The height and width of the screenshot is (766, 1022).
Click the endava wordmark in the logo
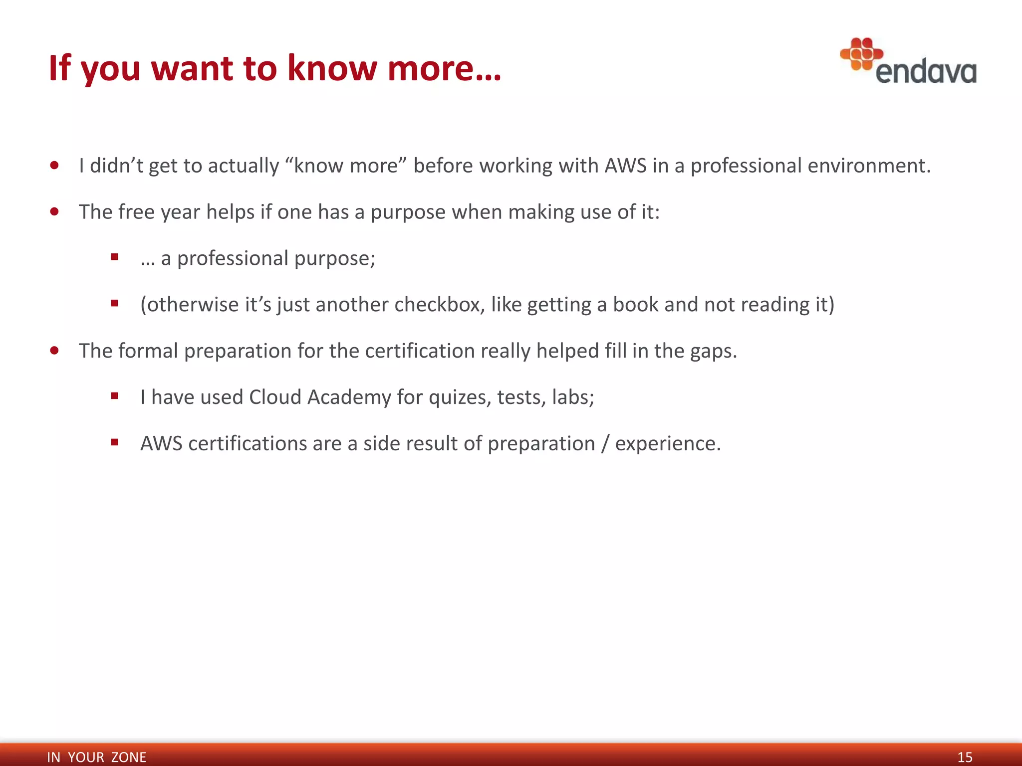click(x=926, y=72)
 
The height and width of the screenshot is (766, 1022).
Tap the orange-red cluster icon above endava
click(x=861, y=54)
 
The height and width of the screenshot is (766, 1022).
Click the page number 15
click(x=965, y=757)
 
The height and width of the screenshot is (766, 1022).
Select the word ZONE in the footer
click(x=129, y=757)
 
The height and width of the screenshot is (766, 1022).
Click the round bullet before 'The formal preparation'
click(x=55, y=351)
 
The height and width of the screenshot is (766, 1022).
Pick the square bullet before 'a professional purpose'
click(x=115, y=257)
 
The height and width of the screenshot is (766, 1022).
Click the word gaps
click(x=713, y=352)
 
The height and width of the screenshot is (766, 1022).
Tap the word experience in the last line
click(x=667, y=444)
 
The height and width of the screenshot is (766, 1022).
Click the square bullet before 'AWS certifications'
click(x=115, y=442)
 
